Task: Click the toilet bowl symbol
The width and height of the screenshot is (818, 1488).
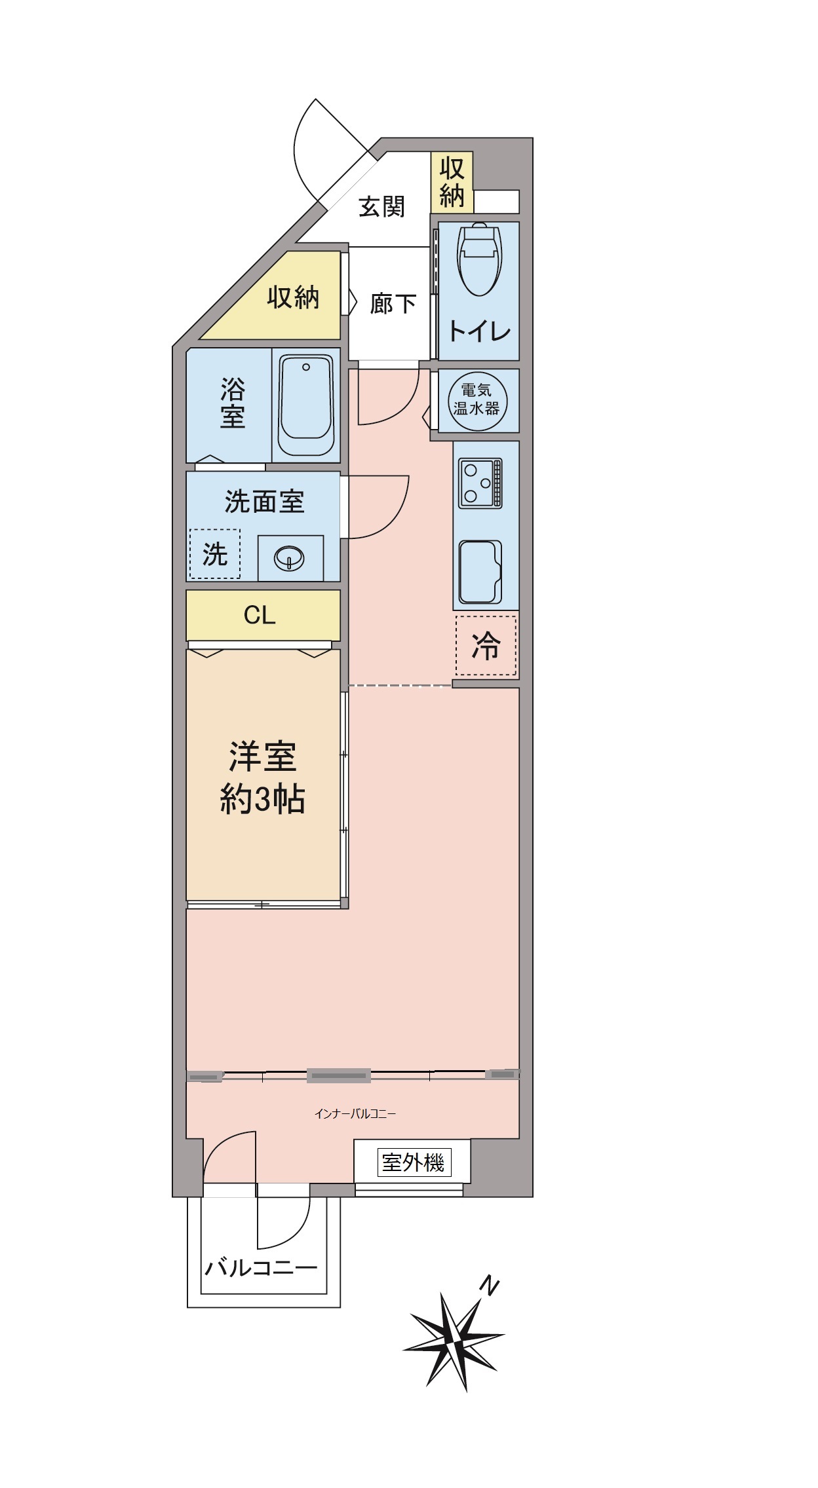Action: [x=479, y=259]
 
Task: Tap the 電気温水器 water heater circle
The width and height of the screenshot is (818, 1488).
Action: [x=477, y=401]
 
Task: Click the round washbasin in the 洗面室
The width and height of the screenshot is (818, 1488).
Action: [x=289, y=559]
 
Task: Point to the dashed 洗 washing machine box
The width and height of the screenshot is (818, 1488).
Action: [x=215, y=553]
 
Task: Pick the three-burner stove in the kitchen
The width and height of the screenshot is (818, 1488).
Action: [x=480, y=483]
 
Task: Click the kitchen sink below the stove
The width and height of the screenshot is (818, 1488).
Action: [x=480, y=572]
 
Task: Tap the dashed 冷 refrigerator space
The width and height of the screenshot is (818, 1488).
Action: [x=486, y=645]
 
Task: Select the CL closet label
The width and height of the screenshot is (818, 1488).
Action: [x=260, y=615]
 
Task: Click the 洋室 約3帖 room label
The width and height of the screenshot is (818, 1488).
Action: [x=263, y=777]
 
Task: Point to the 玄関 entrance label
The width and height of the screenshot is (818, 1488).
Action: [x=381, y=207]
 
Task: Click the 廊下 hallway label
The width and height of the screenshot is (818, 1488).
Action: [x=393, y=303]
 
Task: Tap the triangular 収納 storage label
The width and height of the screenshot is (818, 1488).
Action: [x=293, y=297]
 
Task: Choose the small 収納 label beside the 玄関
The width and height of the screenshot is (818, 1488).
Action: [x=452, y=182]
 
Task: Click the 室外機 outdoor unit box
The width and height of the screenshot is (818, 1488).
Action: [x=413, y=1162]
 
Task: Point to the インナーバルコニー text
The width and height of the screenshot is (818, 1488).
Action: [x=355, y=1113]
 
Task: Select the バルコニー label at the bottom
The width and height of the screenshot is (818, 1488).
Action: [x=262, y=1268]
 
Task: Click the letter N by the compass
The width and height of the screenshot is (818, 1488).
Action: [x=489, y=1286]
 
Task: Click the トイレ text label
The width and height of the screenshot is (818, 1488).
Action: [x=479, y=331]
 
